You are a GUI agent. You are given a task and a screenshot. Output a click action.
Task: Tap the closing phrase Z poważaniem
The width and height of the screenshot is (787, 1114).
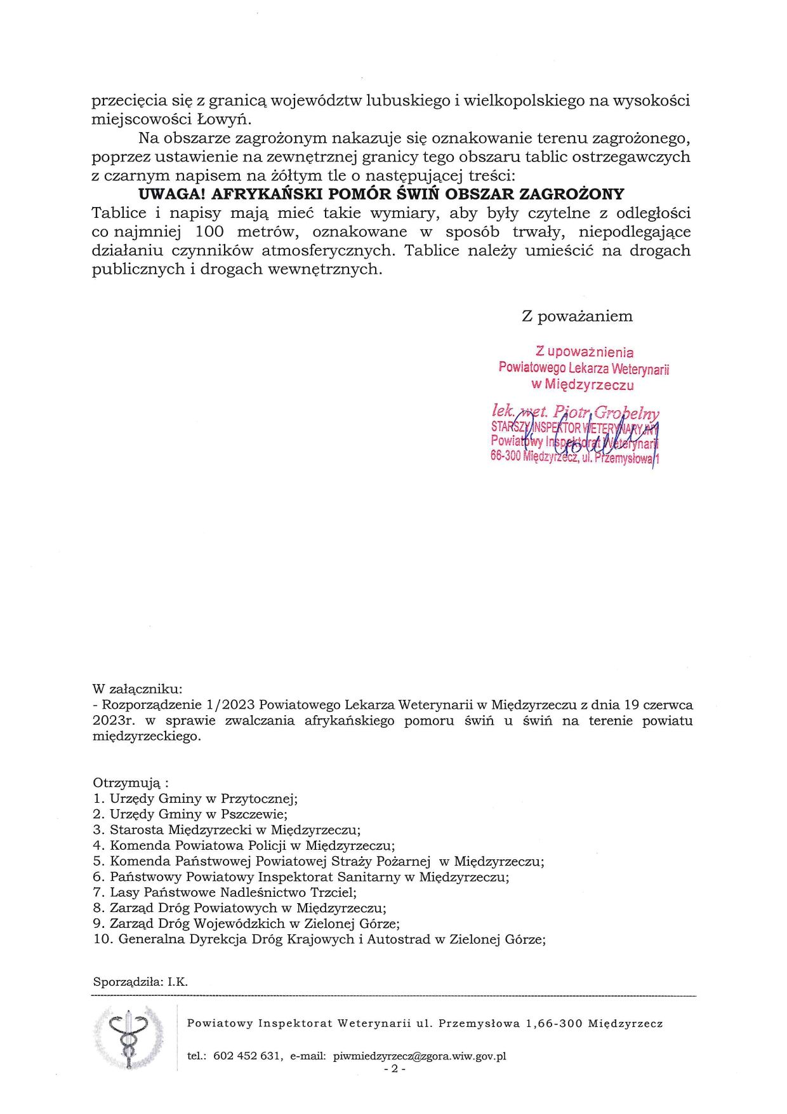577,316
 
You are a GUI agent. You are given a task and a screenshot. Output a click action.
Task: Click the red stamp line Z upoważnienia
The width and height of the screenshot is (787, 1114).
584,352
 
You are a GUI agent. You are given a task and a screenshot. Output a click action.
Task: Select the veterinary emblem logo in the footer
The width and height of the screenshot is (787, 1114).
129,1038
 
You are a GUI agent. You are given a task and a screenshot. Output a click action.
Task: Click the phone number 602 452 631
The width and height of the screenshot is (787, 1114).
246,1056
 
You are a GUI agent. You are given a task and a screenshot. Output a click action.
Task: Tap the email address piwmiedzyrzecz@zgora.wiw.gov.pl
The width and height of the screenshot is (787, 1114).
419,1056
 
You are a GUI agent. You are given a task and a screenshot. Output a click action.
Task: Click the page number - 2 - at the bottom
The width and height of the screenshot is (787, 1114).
394,1069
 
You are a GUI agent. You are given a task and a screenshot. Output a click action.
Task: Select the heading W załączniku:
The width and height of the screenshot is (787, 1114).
137,688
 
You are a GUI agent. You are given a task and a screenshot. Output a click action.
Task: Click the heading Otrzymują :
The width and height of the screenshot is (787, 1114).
131,782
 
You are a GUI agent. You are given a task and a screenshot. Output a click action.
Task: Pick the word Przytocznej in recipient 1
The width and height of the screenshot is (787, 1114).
258,799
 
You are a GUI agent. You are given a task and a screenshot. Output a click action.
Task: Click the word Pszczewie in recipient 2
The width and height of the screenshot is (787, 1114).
253,814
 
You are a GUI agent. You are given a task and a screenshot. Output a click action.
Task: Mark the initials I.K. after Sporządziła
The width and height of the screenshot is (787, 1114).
178,982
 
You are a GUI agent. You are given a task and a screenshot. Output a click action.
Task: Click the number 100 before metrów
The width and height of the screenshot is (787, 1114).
209,232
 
